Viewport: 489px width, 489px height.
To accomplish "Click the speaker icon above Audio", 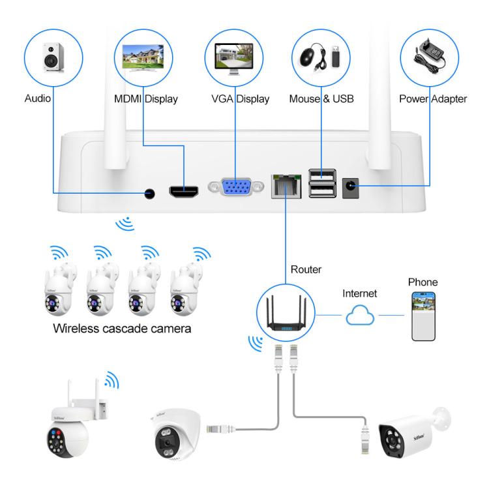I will point(53,57).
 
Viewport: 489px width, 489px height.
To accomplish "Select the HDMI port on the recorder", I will point(186,192).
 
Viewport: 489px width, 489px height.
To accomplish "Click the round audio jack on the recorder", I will point(151,194).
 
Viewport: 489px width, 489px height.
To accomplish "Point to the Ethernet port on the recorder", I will point(285,186).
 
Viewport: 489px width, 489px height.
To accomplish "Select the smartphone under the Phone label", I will point(422,315).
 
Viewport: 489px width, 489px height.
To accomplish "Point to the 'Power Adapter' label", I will point(431,100).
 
